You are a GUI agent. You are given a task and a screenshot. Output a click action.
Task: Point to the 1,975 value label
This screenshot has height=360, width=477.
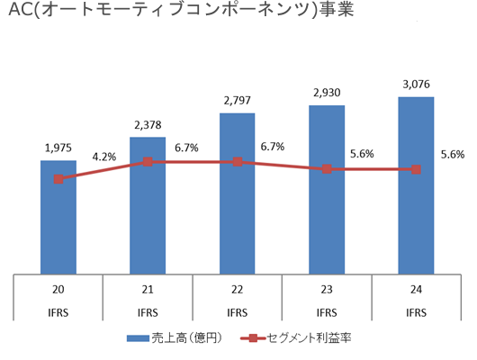tap(58, 147)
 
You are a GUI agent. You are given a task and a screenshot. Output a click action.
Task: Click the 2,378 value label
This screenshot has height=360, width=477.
tap(147, 124)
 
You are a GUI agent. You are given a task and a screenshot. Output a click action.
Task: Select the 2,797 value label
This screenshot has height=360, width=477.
tap(237, 100)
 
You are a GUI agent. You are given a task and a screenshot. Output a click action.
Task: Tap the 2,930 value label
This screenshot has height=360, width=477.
tap(326, 92)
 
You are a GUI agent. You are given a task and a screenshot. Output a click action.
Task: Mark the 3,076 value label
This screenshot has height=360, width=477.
tap(415, 85)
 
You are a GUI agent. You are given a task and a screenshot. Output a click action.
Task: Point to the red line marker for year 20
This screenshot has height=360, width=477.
tap(58, 179)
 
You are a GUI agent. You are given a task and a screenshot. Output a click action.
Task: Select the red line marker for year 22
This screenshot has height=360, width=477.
tap(237, 162)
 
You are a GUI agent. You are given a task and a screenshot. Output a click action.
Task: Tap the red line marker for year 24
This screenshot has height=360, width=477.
tap(416, 169)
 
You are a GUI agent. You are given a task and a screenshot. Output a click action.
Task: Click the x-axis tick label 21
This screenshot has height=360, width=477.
tap(148, 291)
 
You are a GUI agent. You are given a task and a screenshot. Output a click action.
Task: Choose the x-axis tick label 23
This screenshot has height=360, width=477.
tap(327, 291)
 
